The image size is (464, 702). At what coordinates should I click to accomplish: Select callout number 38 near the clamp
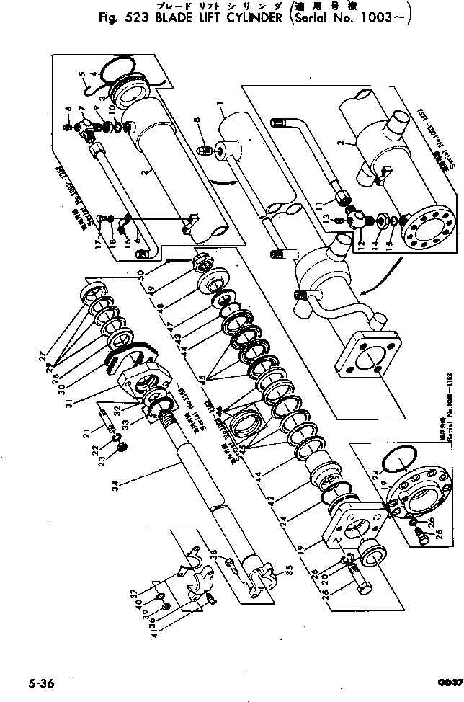215,555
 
